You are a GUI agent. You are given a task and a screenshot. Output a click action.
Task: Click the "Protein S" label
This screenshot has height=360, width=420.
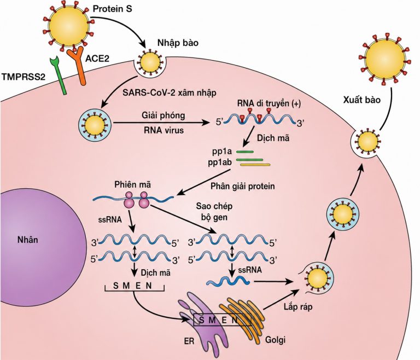point(112,9)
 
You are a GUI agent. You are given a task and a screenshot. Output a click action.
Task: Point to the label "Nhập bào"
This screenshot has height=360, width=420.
point(178,43)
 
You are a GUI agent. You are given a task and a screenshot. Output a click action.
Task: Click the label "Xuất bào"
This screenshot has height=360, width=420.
point(362,100)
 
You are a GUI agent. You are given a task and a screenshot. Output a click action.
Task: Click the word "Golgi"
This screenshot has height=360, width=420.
point(276,340)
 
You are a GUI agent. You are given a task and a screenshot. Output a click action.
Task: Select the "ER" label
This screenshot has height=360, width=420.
point(189,341)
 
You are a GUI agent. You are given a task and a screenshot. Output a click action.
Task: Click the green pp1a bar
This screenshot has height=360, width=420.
point(245,152)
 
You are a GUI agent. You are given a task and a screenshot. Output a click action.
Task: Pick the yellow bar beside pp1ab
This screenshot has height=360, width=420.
point(255,165)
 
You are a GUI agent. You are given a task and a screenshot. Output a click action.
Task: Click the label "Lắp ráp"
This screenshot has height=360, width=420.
point(298,306)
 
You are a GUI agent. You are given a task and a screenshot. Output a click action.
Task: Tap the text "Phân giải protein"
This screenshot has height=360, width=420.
point(243,186)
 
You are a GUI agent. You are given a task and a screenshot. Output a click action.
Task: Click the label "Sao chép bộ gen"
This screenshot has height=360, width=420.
point(214,212)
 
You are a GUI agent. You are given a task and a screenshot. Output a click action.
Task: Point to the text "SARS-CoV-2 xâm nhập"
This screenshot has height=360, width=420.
point(170,92)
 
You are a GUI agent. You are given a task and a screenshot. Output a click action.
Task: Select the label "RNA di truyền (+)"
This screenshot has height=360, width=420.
point(269,103)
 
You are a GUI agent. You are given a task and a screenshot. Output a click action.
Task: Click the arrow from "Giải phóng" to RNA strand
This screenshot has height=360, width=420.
point(161,123)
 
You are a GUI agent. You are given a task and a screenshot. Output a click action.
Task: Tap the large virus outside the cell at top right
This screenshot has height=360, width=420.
point(384,59)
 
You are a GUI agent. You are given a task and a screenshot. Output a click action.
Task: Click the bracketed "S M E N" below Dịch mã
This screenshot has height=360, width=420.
point(134,286)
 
